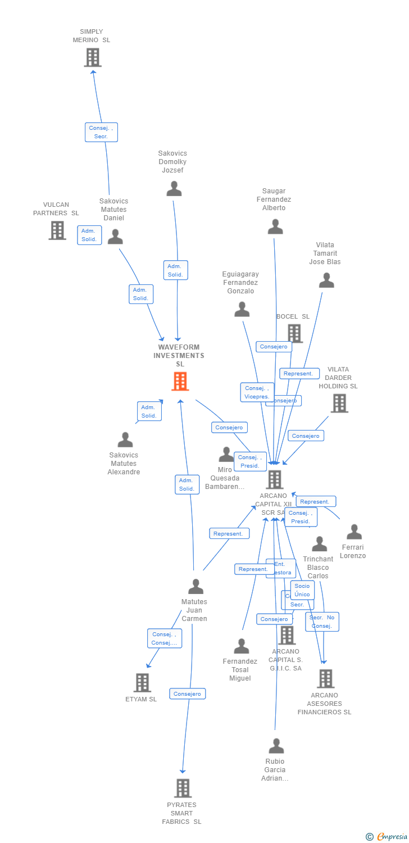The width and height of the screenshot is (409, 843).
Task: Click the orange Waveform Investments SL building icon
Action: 180,382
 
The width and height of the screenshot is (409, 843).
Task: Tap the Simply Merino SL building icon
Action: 93,57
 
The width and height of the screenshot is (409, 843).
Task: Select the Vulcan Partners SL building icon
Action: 57,230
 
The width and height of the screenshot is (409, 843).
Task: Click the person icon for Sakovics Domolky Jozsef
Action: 174,189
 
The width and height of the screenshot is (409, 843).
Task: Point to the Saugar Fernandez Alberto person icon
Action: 275,226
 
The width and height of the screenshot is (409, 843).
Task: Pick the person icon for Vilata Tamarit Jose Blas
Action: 326,280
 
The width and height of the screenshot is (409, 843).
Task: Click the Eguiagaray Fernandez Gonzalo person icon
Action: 242,309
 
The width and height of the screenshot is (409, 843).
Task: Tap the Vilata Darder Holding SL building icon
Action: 339,403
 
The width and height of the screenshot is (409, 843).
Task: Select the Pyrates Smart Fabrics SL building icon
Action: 183,788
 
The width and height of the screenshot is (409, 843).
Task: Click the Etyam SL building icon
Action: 142,682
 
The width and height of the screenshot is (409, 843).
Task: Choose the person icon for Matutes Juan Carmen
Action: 196,586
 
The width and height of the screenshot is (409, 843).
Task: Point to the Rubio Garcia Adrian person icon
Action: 276,746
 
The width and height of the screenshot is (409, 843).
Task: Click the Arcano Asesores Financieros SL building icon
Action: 325,678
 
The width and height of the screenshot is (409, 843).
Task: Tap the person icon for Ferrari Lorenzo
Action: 354,532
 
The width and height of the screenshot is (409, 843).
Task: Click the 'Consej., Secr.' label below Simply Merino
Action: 101,132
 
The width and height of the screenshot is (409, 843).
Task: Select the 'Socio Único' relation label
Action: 302,590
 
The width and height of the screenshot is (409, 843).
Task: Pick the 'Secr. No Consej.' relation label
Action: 322,622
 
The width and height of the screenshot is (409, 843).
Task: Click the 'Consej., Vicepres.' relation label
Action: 257,392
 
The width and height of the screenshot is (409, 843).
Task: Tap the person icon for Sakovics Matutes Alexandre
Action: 125,439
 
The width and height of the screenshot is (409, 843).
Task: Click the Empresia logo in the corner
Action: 387,837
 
